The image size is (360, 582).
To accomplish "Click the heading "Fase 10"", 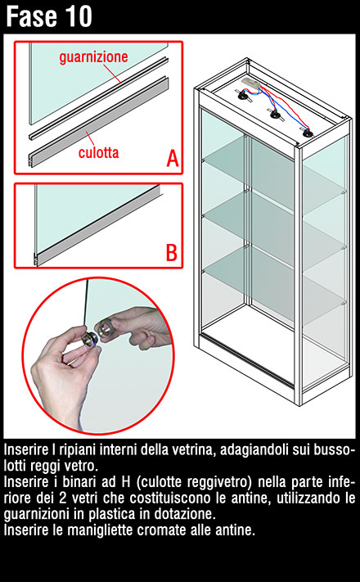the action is pos(49,16).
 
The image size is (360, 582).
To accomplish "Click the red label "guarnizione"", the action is pos(93,56).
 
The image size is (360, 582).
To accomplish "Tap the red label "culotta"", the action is pos(99,152).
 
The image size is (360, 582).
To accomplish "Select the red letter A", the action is pos(172,158).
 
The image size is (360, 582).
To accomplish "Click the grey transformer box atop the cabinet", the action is pos(250,83).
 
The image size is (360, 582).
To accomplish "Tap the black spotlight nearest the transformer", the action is pos(243,97).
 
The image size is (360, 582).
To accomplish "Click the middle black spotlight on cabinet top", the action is pos(275,115).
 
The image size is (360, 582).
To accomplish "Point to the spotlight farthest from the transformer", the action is pos(307,133).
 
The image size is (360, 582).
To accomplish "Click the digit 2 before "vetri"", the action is pos(63,499).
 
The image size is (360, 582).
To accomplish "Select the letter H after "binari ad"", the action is pos(125,482).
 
